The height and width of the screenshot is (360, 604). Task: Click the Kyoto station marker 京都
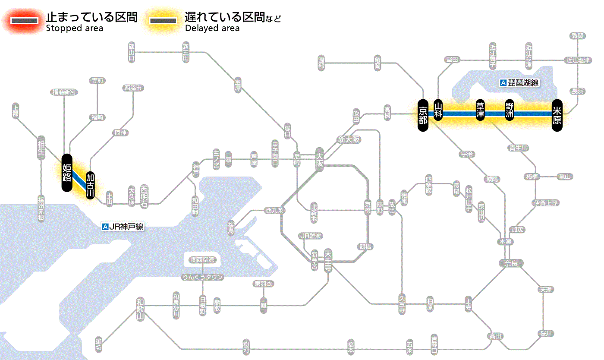pyautogui.click(x=423, y=114)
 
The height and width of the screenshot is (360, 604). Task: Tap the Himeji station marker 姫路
pyautogui.click(x=66, y=173)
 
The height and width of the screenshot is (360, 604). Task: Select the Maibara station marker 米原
pyautogui.click(x=557, y=114)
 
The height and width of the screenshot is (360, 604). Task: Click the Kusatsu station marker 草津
pyautogui.click(x=480, y=111)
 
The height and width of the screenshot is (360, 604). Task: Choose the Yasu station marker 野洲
pyautogui.click(x=510, y=111)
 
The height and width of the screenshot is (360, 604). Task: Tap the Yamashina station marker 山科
pyautogui.click(x=438, y=111)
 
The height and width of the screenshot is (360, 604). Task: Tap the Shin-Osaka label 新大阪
pyautogui.click(x=349, y=139)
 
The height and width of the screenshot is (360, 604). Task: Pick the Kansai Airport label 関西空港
pyautogui.click(x=202, y=260)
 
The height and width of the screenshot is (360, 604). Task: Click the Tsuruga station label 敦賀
pyautogui.click(x=578, y=36)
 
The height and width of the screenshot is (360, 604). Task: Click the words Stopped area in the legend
pyautogui.click(x=74, y=28)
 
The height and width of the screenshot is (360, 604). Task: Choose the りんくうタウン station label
pyautogui.click(x=202, y=277)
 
